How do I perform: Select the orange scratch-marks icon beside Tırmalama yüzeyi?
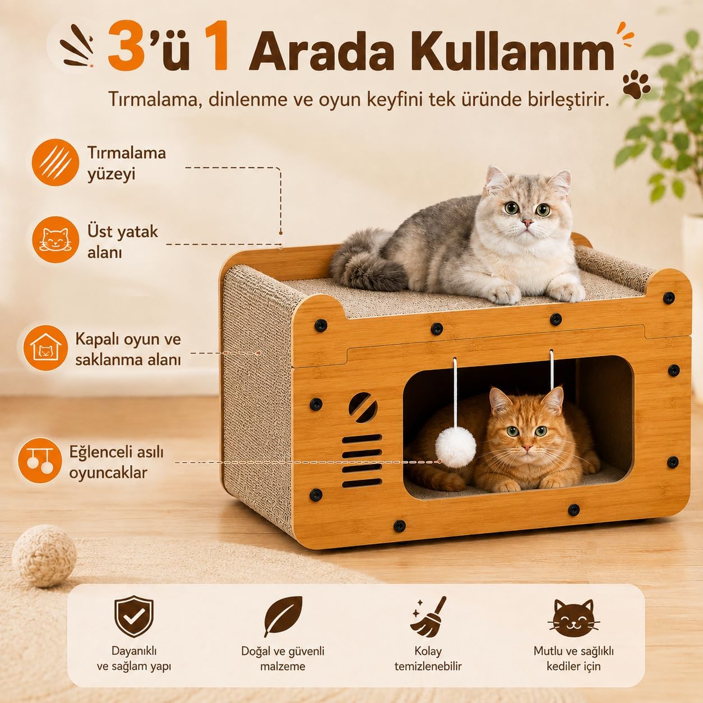55,163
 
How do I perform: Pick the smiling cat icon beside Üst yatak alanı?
55,240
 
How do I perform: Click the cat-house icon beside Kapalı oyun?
45,348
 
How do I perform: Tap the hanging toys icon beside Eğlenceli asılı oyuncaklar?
40,460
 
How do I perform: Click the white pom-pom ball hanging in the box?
455,447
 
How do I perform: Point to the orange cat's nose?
526,447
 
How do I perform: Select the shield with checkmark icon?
134,617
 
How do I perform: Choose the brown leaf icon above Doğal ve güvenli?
283,617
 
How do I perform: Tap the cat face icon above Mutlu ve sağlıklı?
573,618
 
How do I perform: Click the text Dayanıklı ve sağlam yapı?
134,658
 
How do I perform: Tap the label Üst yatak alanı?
123,242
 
